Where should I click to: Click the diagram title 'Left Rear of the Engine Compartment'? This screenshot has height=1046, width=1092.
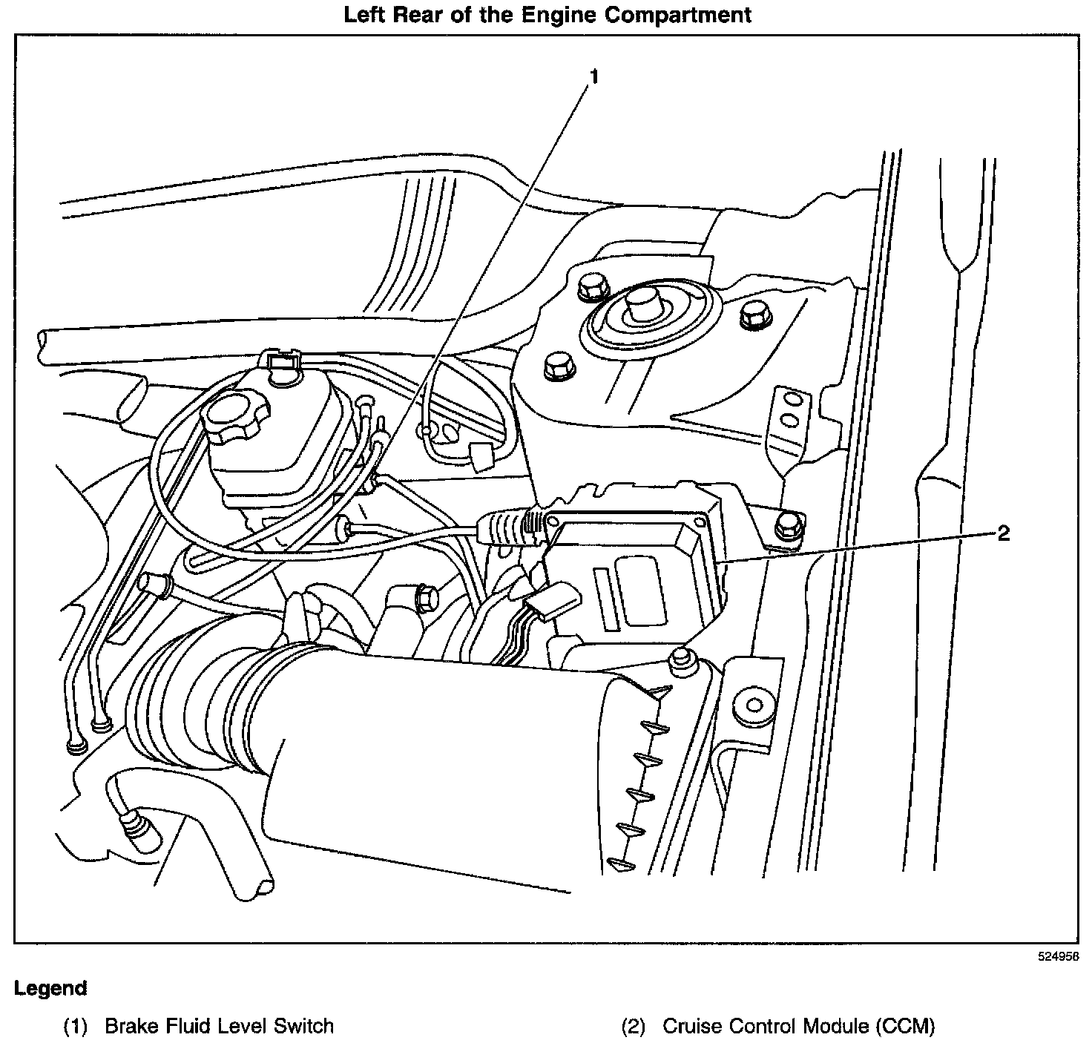tap(547, 14)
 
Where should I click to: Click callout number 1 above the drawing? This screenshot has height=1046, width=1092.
tap(593, 76)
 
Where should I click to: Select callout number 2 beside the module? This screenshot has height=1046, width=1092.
tap(1003, 533)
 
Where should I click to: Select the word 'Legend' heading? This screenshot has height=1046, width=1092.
tap(50, 988)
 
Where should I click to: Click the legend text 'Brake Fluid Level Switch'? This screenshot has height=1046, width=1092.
tap(220, 1027)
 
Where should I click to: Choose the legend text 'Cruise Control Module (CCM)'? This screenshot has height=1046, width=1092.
tap(798, 1027)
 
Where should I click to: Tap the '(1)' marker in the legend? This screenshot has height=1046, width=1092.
tap(76, 1027)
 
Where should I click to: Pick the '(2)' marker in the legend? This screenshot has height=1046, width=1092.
tap(634, 1027)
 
